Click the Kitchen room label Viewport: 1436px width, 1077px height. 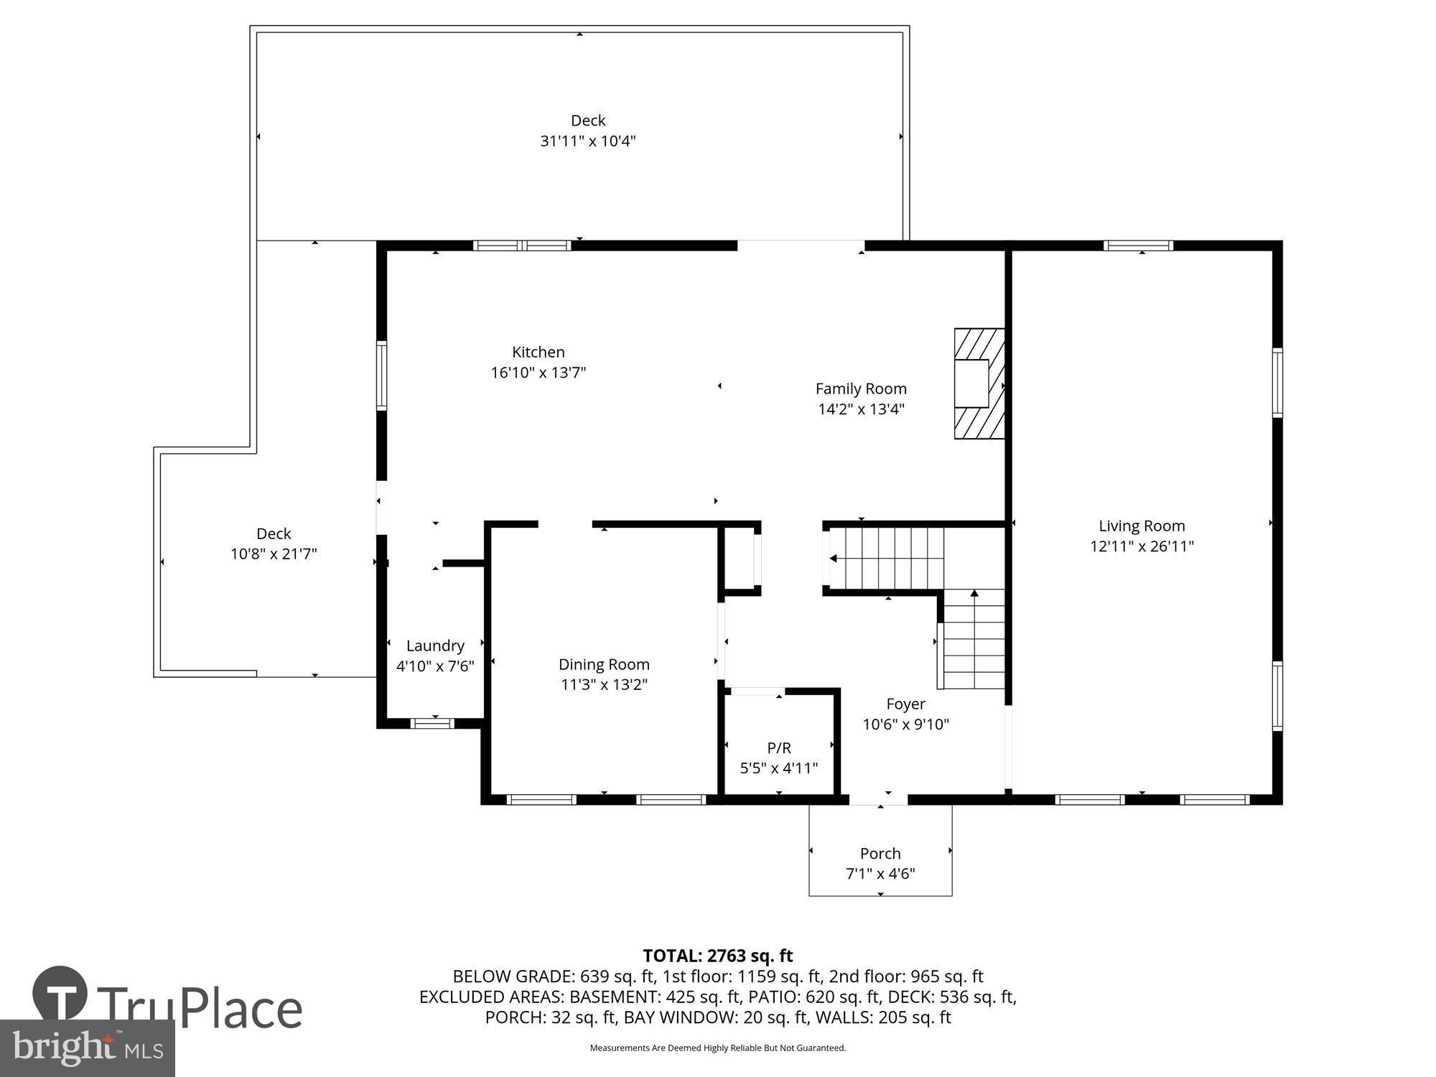coord(538,352)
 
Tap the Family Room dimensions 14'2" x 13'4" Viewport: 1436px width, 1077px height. coord(861,409)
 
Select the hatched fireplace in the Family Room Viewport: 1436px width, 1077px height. coord(979,383)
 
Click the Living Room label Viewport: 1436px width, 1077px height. coord(1142,526)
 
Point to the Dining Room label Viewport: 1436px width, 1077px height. coord(604,664)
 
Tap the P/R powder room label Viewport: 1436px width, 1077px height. coord(779,748)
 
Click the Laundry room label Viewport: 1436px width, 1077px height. coord(435,645)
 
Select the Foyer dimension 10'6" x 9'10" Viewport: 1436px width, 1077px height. coord(905,724)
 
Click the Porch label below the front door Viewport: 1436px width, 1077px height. coord(880,853)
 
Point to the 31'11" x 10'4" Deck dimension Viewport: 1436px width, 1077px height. coord(588,141)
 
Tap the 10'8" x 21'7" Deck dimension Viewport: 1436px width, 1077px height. coord(274,554)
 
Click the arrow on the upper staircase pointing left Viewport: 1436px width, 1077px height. coord(834,558)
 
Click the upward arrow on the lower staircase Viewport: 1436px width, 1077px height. coord(974,594)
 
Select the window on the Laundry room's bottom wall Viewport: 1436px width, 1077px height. coord(432,723)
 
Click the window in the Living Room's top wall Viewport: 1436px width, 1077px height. coord(1138,246)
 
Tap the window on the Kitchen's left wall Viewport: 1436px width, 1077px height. coord(382,376)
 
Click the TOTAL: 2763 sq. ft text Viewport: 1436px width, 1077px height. coord(717,956)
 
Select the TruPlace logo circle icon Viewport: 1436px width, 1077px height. coord(60,993)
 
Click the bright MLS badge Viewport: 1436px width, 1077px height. coord(87,1048)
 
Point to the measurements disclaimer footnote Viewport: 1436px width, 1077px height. coord(717,1048)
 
